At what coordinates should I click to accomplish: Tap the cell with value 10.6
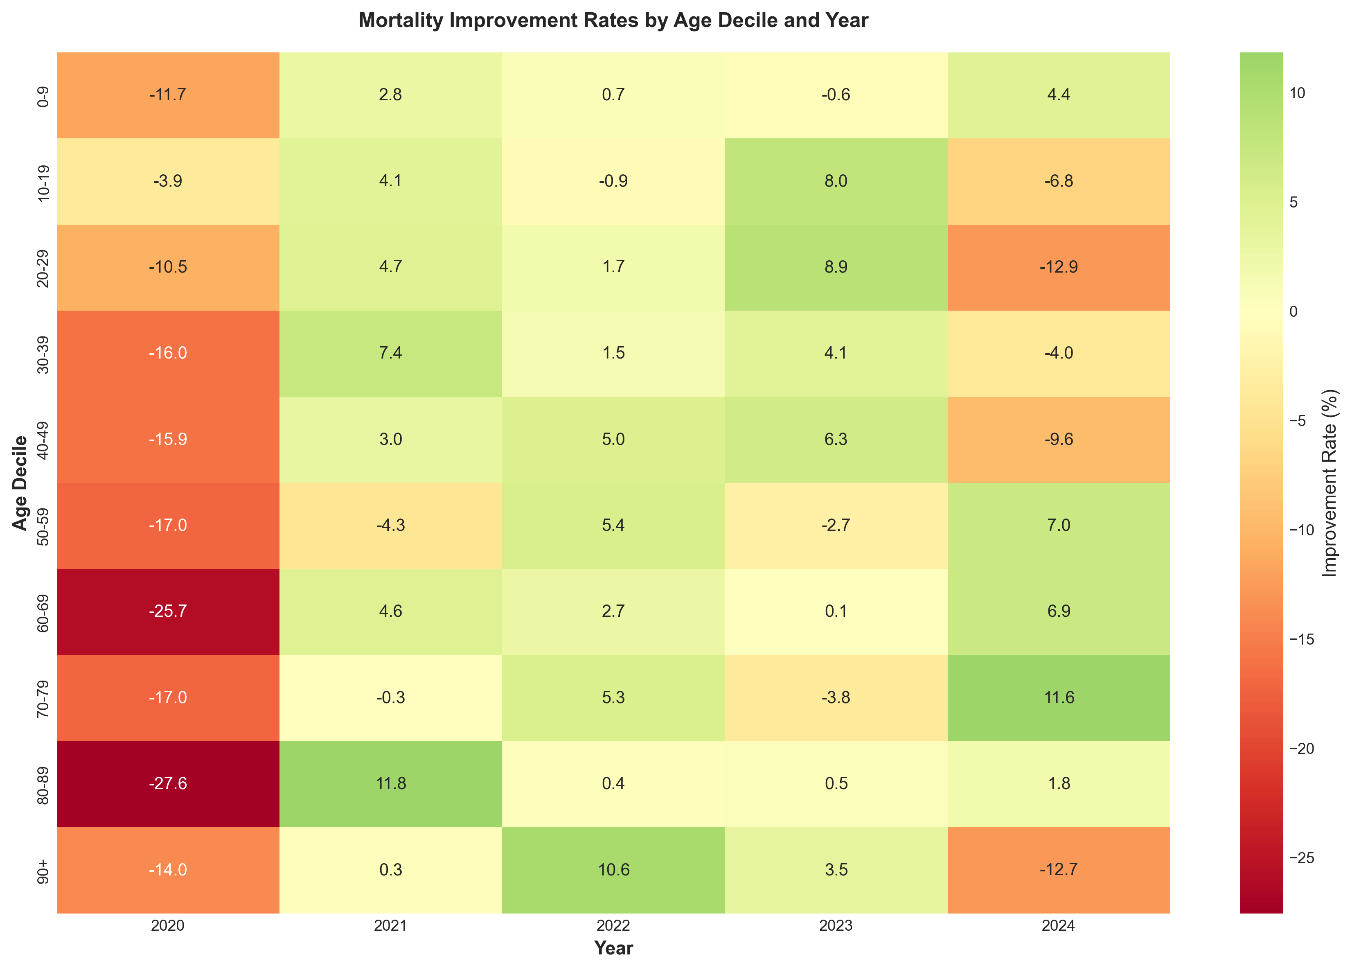[613, 869]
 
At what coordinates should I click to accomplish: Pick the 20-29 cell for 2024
[1058, 267]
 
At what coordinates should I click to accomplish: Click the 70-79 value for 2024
[1058, 697]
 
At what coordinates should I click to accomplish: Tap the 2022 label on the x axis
[613, 926]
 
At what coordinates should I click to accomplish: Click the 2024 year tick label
[1058, 926]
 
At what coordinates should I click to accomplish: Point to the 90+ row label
[43, 869]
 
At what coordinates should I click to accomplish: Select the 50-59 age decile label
[43, 525]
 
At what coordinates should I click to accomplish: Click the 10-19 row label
[43, 181]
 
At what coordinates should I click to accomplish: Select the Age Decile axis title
[20, 483]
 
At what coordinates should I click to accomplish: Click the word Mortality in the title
[401, 21]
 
